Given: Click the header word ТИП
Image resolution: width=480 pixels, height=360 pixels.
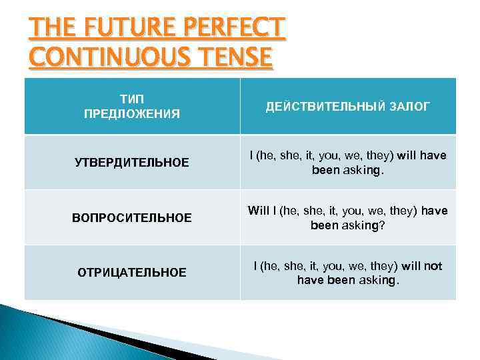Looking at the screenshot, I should point(131,99).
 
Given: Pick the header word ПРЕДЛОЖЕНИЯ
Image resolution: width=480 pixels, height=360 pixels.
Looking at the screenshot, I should point(131,113).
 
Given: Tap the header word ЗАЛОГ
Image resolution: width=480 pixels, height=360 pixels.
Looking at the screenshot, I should point(405,106).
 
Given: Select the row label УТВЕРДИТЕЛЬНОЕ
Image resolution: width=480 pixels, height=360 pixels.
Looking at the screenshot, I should point(131,163).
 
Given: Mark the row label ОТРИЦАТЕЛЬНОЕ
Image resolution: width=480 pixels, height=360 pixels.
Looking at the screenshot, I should point(131,273).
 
